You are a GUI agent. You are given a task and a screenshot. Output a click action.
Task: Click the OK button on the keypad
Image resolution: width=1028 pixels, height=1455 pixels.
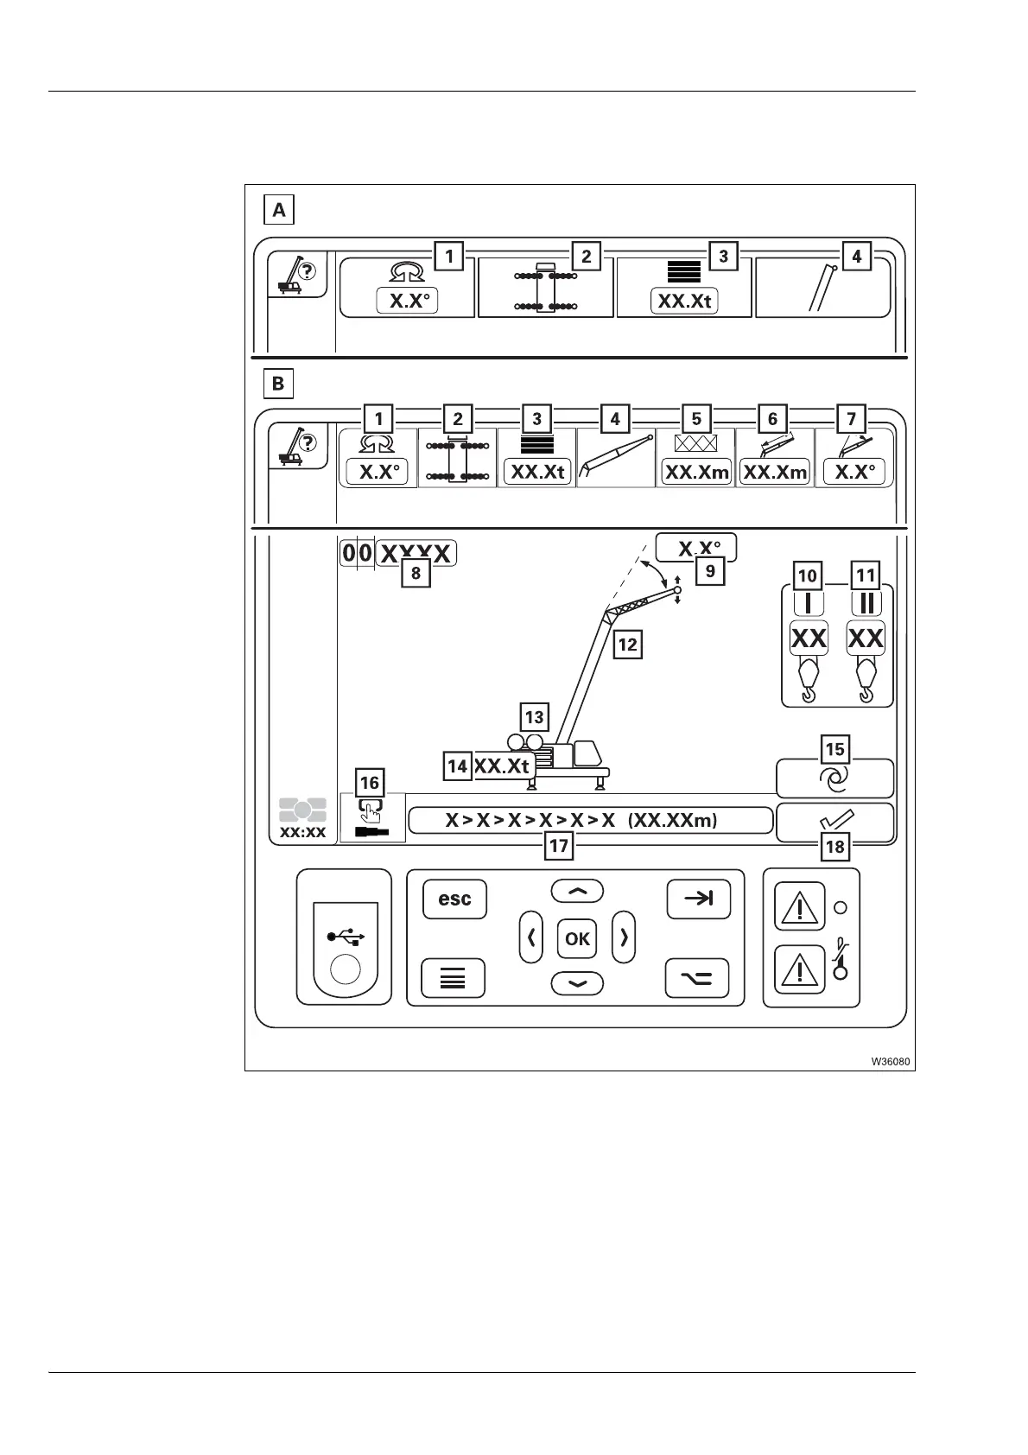pyautogui.click(x=576, y=938)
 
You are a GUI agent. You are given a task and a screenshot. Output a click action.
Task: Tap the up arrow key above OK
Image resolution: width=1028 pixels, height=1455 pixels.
pyautogui.click(x=577, y=892)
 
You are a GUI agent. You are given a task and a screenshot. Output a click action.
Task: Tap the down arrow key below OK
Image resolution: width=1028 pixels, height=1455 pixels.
pyautogui.click(x=577, y=983)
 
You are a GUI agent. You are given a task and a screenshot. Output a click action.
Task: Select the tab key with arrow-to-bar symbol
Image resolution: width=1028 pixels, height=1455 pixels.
pyautogui.click(x=698, y=899)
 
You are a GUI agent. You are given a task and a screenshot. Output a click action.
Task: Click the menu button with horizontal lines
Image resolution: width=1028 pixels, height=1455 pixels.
pyautogui.click(x=453, y=979)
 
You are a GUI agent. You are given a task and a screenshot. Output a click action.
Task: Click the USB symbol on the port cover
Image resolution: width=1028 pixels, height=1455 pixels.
pyautogui.click(x=346, y=937)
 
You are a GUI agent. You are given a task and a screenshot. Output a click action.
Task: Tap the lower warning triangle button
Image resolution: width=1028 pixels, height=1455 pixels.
pyautogui.click(x=800, y=970)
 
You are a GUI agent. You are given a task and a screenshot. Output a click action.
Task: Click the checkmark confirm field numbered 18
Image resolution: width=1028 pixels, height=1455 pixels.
pyautogui.click(x=834, y=821)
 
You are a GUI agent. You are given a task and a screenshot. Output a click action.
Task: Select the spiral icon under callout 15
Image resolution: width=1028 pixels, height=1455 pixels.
pyautogui.click(x=834, y=780)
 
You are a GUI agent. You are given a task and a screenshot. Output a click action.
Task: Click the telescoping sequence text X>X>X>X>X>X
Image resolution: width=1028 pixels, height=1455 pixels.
pyautogui.click(x=530, y=821)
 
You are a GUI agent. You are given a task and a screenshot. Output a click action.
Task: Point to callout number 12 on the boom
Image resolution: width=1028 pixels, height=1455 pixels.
pyautogui.click(x=627, y=644)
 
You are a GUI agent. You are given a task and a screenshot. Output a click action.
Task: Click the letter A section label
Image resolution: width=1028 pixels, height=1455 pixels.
pyautogui.click(x=278, y=210)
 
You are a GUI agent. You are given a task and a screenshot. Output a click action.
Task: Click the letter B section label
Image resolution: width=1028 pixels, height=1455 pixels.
pyautogui.click(x=278, y=383)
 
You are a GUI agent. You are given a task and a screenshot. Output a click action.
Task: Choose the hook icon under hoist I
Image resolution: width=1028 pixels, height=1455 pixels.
pyautogui.click(x=809, y=680)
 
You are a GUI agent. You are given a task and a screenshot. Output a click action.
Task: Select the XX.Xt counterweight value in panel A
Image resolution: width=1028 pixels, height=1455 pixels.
pyautogui.click(x=684, y=302)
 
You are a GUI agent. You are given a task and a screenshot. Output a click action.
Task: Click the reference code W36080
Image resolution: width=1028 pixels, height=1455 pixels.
pyautogui.click(x=890, y=1061)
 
